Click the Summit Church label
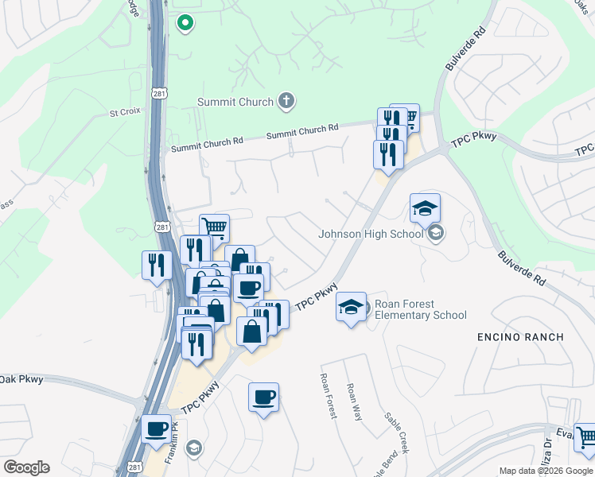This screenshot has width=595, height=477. [236, 102]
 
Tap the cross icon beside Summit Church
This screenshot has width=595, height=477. [286, 102]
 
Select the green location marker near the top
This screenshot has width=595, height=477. [185, 24]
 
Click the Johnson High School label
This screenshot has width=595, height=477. [371, 234]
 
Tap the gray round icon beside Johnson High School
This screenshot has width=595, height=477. [435, 234]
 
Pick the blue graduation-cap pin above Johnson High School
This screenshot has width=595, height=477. [425, 209]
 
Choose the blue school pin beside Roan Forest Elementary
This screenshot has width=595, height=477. [351, 308]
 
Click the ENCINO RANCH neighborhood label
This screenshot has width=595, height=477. [520, 337]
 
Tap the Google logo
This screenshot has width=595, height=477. [26, 467]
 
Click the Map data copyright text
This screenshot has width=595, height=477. [546, 471]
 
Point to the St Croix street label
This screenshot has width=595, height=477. [125, 113]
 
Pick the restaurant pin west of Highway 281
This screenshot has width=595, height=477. [156, 265]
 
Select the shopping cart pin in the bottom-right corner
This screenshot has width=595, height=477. [585, 436]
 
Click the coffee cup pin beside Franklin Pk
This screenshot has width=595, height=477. [156, 429]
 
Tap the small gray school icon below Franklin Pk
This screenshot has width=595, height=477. [192, 448]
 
